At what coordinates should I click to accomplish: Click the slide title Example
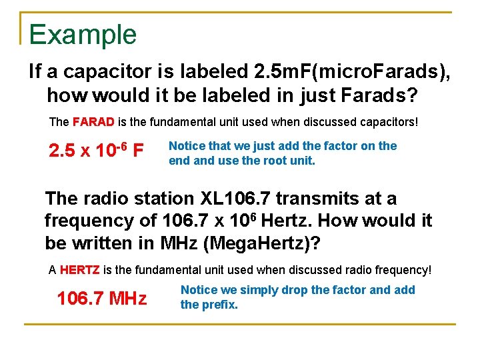[x=83, y=35]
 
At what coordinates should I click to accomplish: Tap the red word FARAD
[x=94, y=123]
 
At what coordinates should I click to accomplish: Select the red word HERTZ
[x=80, y=270]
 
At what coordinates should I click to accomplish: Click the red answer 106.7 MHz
[x=102, y=298]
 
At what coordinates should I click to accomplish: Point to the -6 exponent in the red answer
[x=122, y=145]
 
